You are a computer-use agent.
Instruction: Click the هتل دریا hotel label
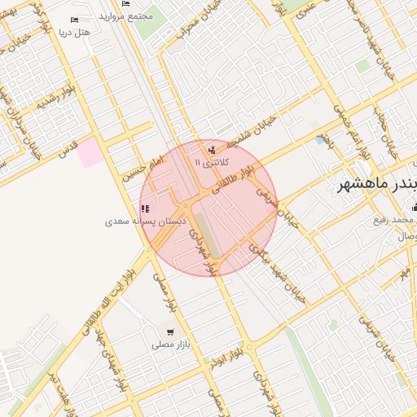[74, 33]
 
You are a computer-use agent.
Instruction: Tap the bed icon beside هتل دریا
[75, 20]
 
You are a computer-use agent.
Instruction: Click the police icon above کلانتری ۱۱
[213, 149]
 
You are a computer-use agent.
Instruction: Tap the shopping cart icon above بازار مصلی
[170, 332]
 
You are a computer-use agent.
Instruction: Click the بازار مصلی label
[170, 345]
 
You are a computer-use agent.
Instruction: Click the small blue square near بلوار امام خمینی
[319, 140]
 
